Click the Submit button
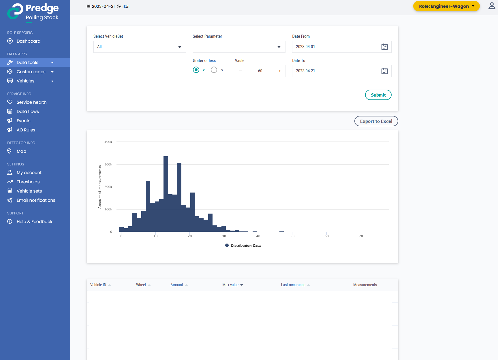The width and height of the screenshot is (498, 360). [378, 95]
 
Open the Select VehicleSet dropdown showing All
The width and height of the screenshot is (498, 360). [140, 47]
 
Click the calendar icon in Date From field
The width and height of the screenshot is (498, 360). [384, 47]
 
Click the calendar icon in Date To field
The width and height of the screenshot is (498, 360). [384, 71]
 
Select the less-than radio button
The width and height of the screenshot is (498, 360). [214, 70]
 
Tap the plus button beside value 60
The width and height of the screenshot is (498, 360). [280, 71]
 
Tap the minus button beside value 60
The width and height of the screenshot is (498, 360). [240, 71]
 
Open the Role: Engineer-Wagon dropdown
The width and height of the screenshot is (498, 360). [446, 6]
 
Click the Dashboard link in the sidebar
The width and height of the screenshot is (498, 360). [29, 41]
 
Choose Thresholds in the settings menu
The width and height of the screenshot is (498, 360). [28, 182]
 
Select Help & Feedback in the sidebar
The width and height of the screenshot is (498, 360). [34, 222]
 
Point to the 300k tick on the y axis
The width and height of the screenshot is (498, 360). [108, 164]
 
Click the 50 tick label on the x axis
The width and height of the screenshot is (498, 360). [292, 236]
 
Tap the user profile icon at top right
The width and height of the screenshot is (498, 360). [492, 6]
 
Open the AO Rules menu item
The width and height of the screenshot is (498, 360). [26, 130]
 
